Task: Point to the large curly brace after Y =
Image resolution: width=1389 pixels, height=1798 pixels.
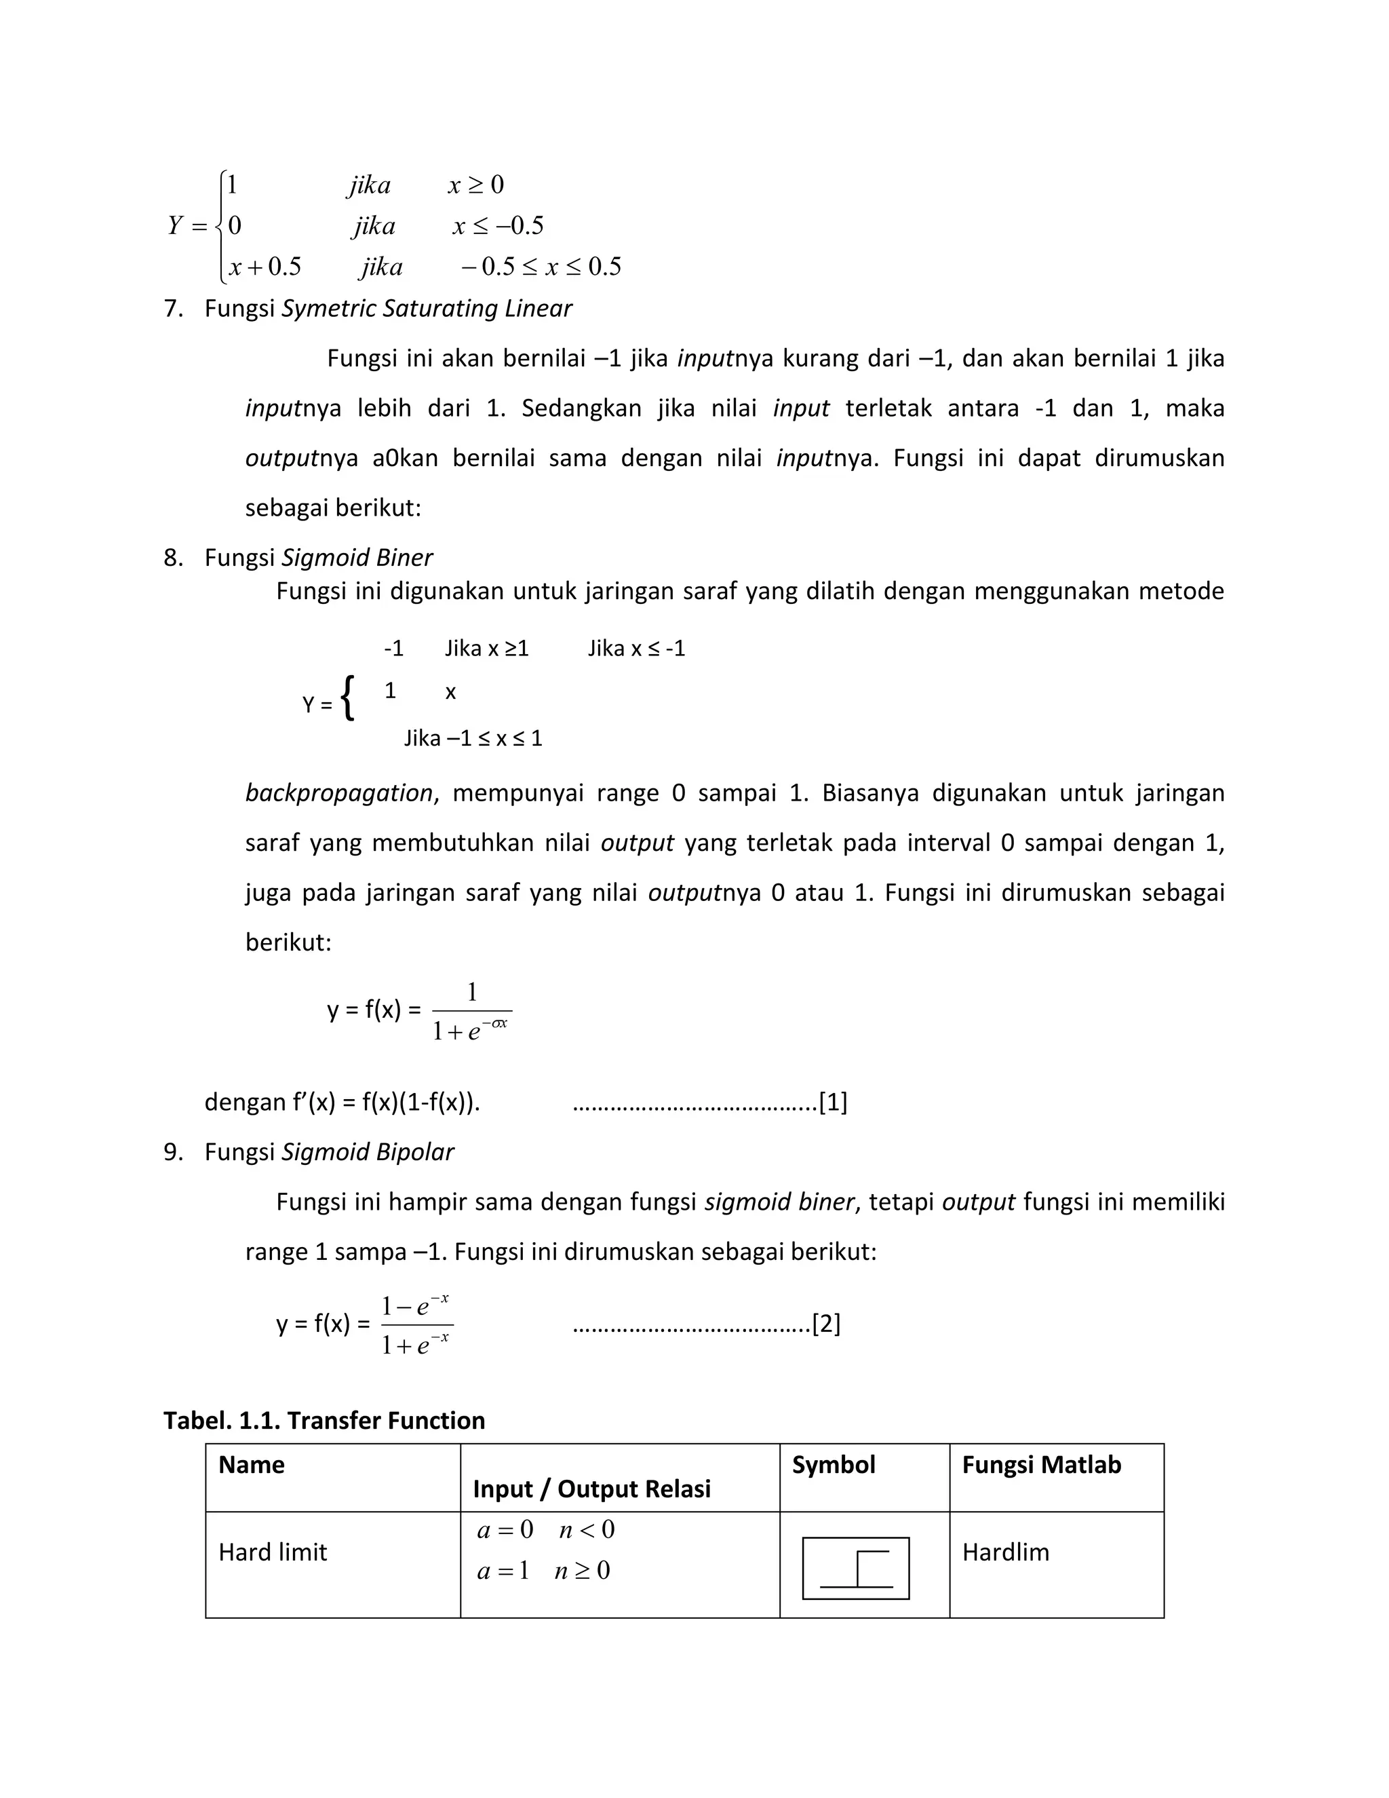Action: [x=348, y=698]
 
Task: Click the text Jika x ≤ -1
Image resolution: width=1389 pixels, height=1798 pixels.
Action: [x=636, y=649]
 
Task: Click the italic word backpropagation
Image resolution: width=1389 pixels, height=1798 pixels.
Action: [x=338, y=792]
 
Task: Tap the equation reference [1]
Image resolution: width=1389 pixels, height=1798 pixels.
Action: [x=833, y=1103]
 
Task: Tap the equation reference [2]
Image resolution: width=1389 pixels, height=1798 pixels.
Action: [x=826, y=1324]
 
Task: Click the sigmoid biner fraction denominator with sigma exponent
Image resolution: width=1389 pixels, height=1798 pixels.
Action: [x=471, y=1030]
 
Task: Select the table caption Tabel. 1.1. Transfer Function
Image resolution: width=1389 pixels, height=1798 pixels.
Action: [x=324, y=1420]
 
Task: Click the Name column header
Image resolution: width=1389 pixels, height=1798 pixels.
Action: [x=251, y=1465]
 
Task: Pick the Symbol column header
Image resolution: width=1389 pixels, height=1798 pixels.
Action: [x=833, y=1465]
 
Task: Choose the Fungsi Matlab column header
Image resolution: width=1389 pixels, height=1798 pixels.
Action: [x=1041, y=1465]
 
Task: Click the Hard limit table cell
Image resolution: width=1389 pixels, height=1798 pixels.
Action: [x=273, y=1552]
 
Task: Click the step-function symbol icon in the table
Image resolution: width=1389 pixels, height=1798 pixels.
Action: [x=856, y=1568]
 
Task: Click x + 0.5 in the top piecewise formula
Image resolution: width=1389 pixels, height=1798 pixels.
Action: [x=265, y=267]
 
